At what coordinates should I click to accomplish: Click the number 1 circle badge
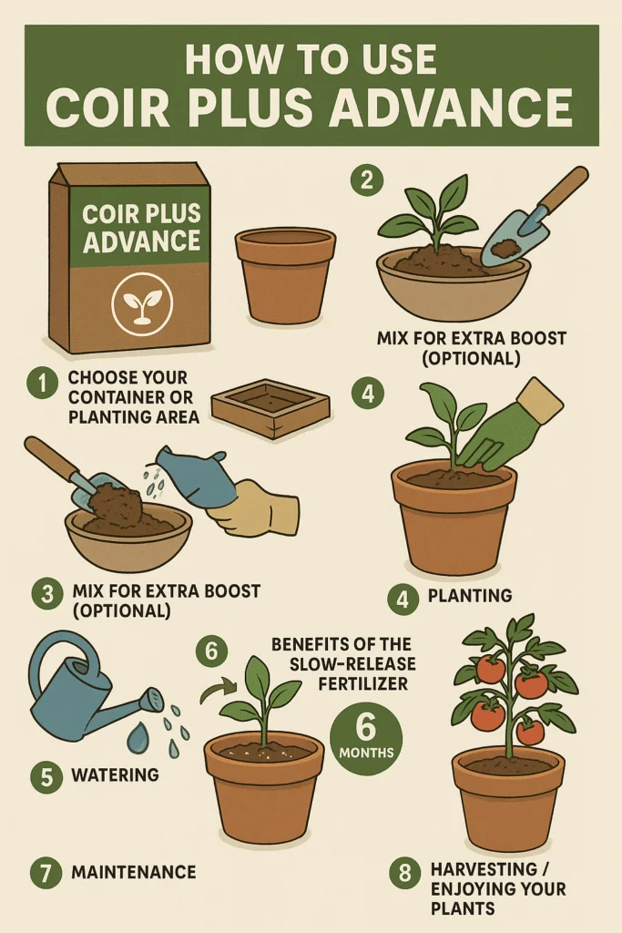pyautogui.click(x=42, y=384)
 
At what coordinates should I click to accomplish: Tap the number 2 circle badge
pyautogui.click(x=367, y=179)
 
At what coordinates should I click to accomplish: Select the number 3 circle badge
pyautogui.click(x=47, y=595)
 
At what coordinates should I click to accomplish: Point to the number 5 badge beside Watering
pyautogui.click(x=47, y=777)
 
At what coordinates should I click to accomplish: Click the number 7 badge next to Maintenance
pyautogui.click(x=47, y=872)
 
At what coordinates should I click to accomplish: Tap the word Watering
pyautogui.click(x=116, y=775)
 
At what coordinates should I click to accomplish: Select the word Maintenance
pyautogui.click(x=133, y=872)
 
